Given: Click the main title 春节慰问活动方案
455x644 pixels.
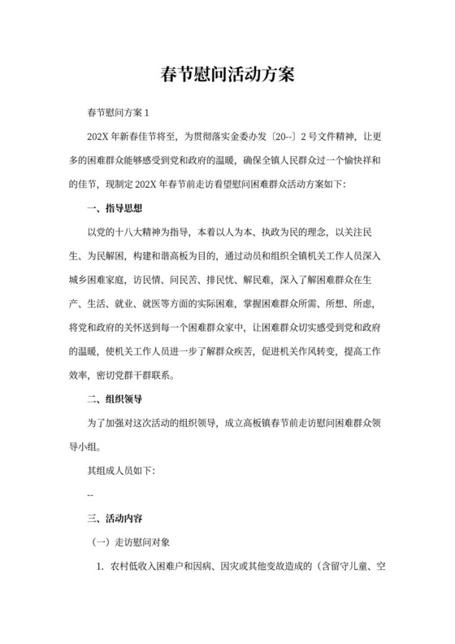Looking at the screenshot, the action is pyautogui.click(x=227, y=76).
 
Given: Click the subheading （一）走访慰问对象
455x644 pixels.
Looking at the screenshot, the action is pyautogui.click(x=131, y=541).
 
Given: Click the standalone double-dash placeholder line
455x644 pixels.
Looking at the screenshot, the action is pyautogui.click(x=90, y=494).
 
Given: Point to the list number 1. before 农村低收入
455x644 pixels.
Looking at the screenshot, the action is pyautogui.click(x=101, y=565).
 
